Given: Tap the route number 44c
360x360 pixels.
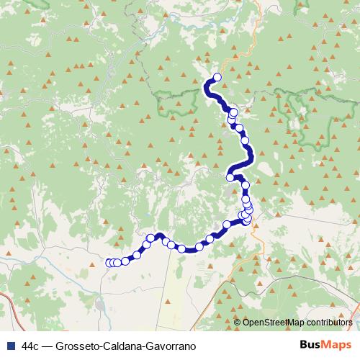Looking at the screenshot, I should [x=31, y=346].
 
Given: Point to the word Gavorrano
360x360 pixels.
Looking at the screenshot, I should [x=173, y=346].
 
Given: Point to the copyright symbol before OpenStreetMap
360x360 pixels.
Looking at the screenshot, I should [x=238, y=323].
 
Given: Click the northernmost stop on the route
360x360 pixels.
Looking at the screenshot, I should [x=217, y=78].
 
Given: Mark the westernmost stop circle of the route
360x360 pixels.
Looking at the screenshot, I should [x=109, y=263].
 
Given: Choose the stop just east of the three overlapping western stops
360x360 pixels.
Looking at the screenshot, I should [x=125, y=261].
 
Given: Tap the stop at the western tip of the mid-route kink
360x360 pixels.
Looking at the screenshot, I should [x=230, y=177].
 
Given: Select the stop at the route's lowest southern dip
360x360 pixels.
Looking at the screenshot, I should [x=182, y=249].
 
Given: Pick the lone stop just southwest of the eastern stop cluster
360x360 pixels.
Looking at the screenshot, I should [x=226, y=225].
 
